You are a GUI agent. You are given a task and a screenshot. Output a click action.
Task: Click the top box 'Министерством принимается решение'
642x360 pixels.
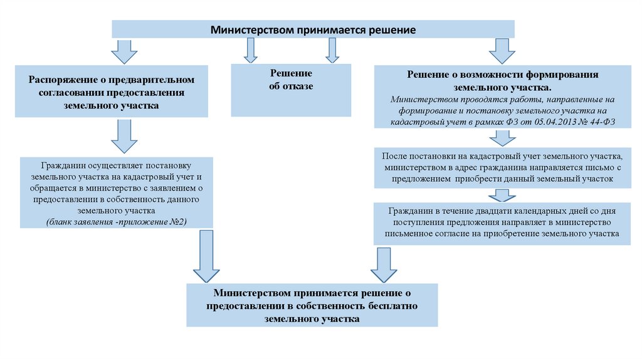coord(313,29)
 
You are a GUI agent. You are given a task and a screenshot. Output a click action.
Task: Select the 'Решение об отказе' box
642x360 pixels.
coord(291,90)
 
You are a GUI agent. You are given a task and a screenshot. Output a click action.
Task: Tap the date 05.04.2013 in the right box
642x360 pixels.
coord(553,121)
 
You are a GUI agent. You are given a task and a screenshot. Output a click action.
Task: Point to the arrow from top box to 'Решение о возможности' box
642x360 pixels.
coord(501,51)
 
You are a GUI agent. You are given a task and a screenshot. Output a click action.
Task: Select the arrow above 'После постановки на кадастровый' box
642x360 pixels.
coord(500,139)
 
